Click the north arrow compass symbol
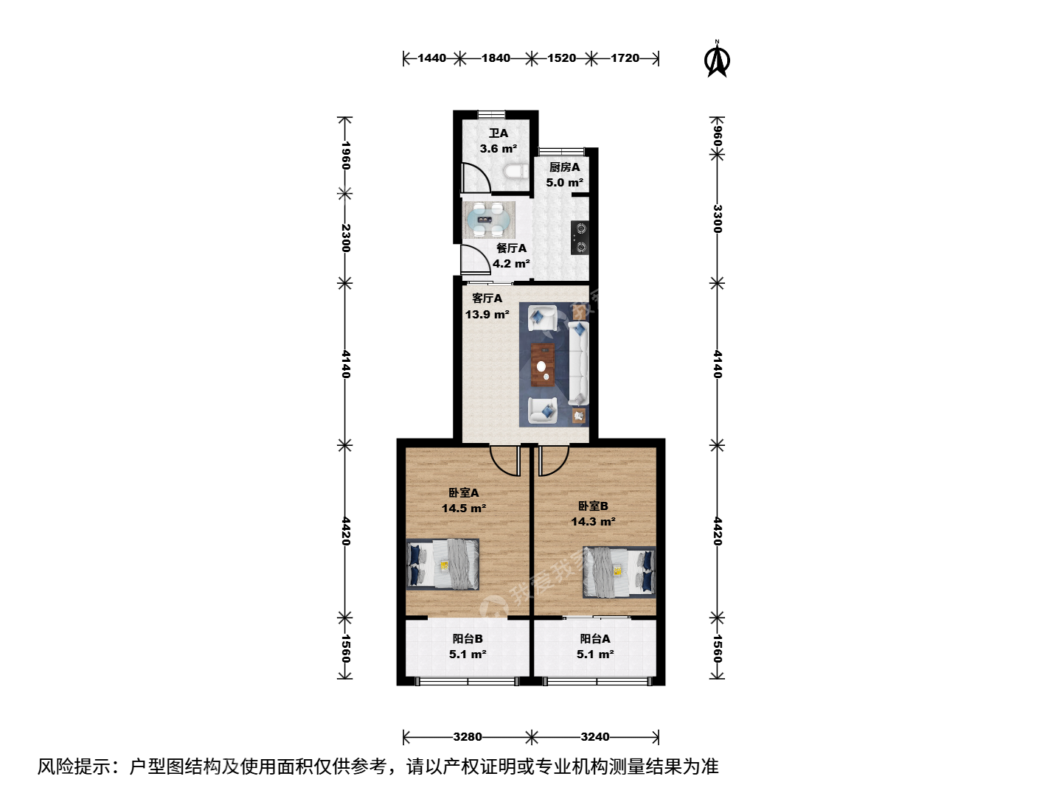[x=717, y=59]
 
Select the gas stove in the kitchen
[x=580, y=237]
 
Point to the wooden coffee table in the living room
[x=542, y=365]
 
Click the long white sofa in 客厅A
[x=578, y=363]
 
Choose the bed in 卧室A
[x=442, y=565]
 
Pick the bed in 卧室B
[x=619, y=572]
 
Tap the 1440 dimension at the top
[x=431, y=58]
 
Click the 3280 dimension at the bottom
[x=468, y=736]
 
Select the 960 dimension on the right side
[x=718, y=136]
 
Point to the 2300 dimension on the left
[x=345, y=238]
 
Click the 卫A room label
[x=499, y=133]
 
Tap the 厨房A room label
[x=564, y=167]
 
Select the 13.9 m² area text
[x=487, y=314]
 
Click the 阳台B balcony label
[x=468, y=638]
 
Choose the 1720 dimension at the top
[x=625, y=58]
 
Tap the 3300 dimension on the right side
[x=718, y=218]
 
